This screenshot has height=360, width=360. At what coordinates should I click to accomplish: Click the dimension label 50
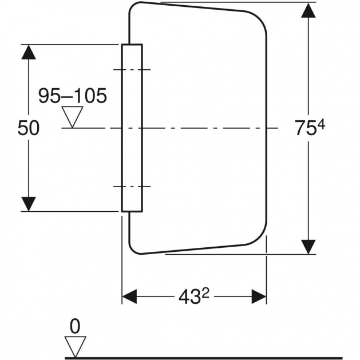[28, 128]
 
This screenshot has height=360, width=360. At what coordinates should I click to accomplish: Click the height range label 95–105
[72, 96]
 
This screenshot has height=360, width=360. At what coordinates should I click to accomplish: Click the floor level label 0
[75, 326]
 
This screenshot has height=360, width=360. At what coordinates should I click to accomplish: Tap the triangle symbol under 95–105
[72, 117]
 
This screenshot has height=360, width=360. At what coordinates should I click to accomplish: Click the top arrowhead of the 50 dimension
[29, 52]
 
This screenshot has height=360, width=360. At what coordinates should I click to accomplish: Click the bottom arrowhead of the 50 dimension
[29, 203]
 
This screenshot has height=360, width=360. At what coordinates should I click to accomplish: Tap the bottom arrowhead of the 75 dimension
[309, 246]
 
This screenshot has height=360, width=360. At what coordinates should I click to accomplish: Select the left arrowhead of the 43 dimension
[130, 296]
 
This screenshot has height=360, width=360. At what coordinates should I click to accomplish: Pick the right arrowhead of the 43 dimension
[259, 296]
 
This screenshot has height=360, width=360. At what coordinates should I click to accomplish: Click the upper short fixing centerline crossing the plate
[132, 70]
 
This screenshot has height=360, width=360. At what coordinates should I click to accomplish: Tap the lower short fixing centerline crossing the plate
[132, 186]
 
